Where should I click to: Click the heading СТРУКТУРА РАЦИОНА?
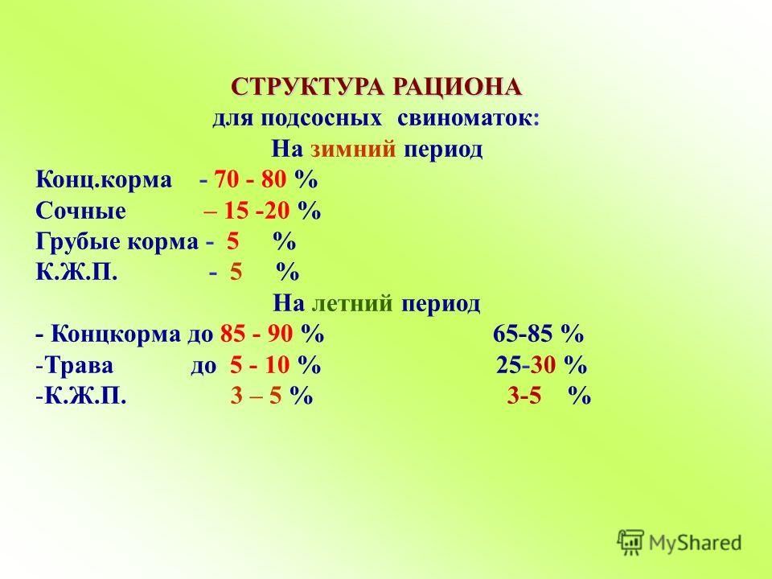click(x=376, y=86)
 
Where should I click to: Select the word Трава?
click(x=76, y=366)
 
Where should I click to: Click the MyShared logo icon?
click(x=630, y=542)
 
